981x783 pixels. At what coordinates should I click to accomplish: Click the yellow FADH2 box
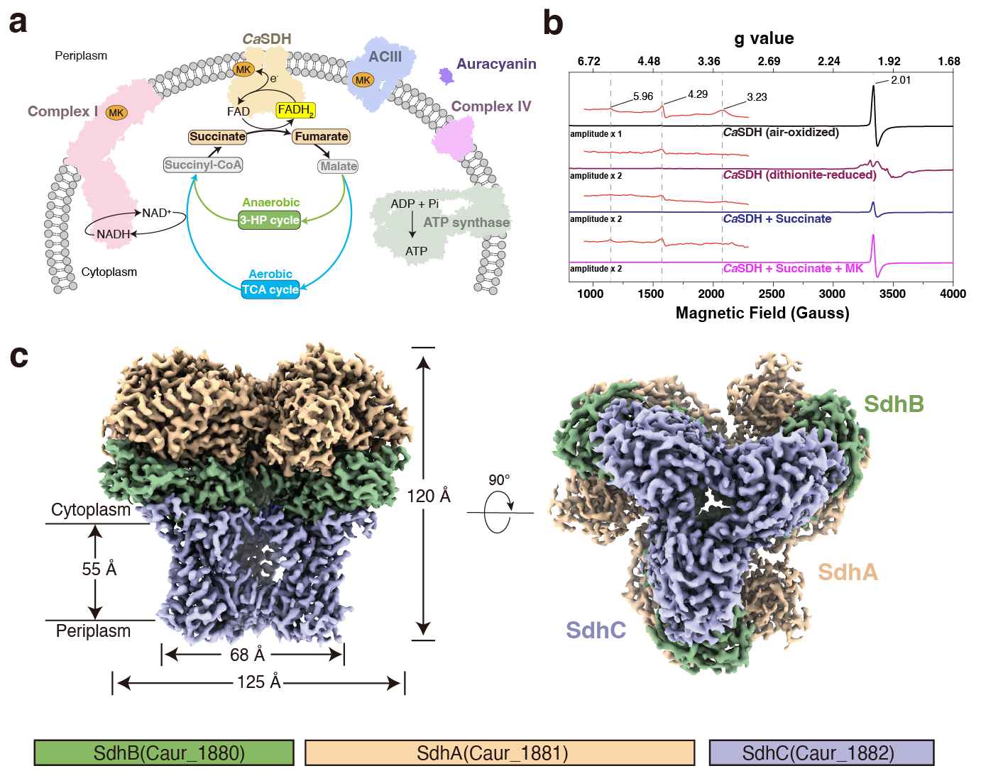pos(295,110)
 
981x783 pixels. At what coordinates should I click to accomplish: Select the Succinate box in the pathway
pos(217,136)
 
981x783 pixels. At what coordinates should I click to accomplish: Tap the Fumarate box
pos(322,136)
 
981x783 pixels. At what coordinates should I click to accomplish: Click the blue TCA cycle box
pos(270,289)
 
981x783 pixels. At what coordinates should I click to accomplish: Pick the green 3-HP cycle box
pos(270,220)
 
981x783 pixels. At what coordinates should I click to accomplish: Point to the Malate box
pos(338,166)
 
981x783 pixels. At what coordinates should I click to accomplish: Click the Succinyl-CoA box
pos(203,165)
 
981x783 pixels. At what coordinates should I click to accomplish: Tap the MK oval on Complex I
pos(116,113)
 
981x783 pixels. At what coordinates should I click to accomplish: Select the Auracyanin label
pos(496,64)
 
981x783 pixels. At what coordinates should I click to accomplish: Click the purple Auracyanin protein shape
pos(446,75)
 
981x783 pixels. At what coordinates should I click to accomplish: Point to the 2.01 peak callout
pos(901,80)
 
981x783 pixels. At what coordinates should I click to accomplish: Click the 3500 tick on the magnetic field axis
pos(892,294)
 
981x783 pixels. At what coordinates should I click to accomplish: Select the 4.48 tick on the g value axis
pos(649,61)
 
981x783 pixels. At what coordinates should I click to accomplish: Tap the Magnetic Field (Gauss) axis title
pos(762,313)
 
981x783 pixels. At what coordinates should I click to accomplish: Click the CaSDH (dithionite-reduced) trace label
pos(799,175)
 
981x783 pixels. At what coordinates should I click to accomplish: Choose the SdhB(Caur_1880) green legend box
pos(164,753)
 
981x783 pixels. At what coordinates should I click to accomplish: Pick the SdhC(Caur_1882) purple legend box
pos(821,753)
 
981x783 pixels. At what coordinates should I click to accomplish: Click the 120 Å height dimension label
pos(428,496)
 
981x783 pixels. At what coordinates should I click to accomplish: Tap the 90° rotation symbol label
pos(499,480)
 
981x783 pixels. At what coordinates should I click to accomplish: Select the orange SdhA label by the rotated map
pos(848,572)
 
